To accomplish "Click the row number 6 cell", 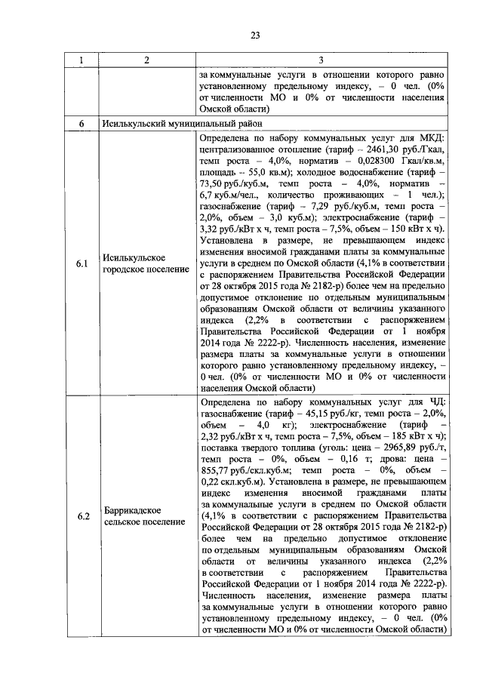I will click(x=82, y=123).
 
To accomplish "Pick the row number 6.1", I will click(x=82, y=263).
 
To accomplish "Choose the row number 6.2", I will click(x=82, y=517).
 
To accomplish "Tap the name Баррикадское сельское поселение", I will click(x=143, y=517).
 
